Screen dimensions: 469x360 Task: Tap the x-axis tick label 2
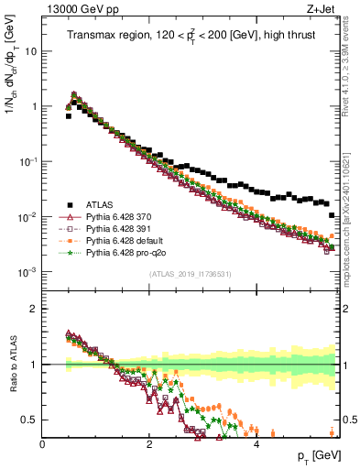click(149, 444)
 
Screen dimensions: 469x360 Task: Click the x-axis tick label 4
click(256, 444)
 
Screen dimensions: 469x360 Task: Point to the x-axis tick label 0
click(42, 444)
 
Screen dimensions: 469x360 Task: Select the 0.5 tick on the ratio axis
click(31, 420)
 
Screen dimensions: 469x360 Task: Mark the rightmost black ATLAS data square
click(332, 215)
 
